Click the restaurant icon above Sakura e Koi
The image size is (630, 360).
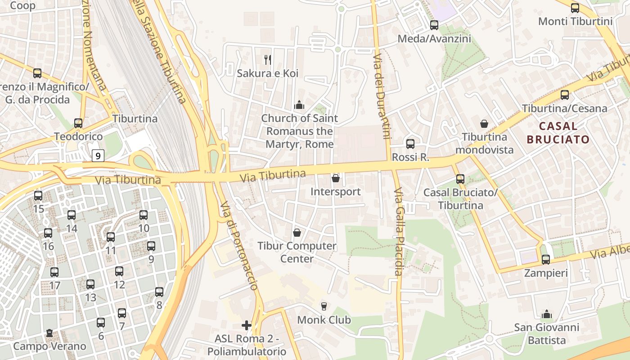click(268, 59)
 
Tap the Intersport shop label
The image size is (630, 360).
click(335, 192)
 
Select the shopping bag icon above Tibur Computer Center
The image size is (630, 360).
click(297, 233)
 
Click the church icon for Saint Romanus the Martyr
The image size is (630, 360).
click(299, 105)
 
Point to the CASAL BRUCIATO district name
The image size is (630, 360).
click(558, 133)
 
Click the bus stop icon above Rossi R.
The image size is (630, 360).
click(410, 144)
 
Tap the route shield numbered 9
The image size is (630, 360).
click(98, 156)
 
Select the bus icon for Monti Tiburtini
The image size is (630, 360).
click(575, 8)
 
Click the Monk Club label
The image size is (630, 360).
click(324, 320)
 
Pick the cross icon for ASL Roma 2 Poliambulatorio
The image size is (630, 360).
click(246, 325)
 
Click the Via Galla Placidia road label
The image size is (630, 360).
click(398, 232)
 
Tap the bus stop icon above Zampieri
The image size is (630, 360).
click(545, 259)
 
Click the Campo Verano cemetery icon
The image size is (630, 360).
click(49, 333)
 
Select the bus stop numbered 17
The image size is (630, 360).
click(54, 272)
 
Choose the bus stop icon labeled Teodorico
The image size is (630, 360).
click(78, 123)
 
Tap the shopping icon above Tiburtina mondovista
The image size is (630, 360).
click(484, 123)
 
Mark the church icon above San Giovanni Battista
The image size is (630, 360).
click(546, 314)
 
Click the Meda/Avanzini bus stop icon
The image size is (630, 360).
click(434, 25)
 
